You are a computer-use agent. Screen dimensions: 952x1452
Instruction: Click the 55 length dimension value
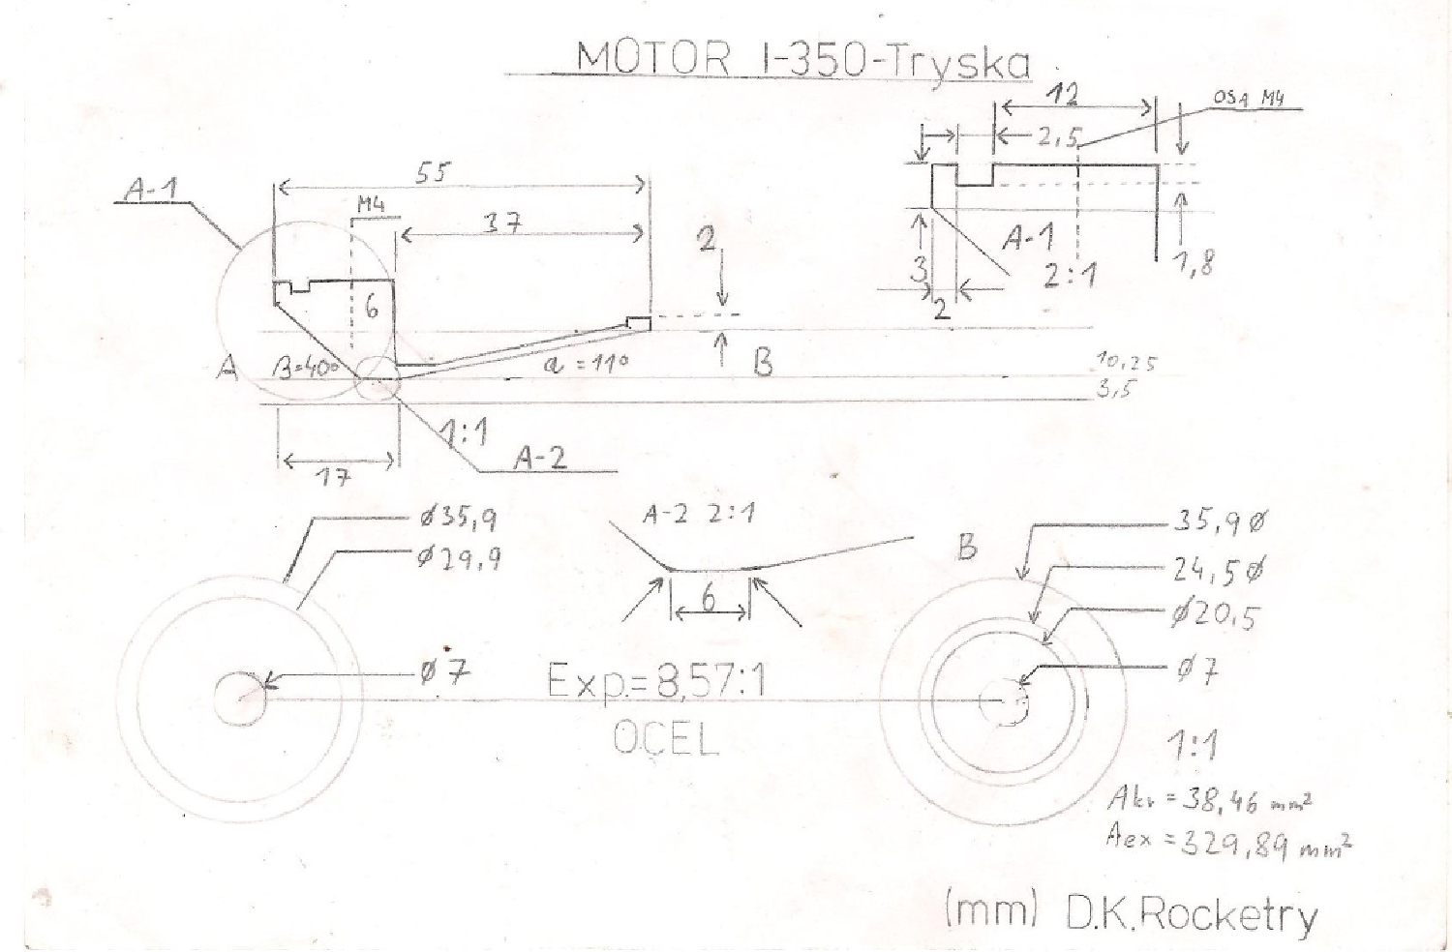click(432, 172)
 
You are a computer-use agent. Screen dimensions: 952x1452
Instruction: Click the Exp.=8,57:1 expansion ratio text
click(656, 681)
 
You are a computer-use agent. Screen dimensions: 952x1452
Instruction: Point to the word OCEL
click(666, 740)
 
